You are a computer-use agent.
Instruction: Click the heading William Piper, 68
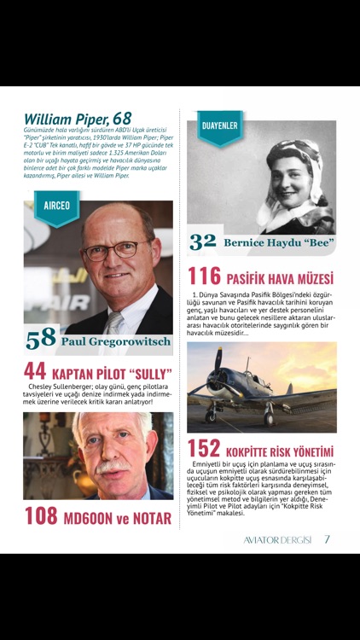click(78, 119)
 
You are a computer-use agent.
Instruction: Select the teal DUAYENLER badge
click(219, 127)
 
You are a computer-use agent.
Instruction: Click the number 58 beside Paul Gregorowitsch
click(40, 340)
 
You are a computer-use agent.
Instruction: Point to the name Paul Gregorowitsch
click(116, 341)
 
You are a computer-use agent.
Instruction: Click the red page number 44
click(35, 371)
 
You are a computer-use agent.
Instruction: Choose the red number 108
click(40, 515)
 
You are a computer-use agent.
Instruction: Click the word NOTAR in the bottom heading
click(150, 517)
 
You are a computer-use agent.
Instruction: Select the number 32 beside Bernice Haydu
click(202, 242)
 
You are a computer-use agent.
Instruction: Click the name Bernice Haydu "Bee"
click(277, 243)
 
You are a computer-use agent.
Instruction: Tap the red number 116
click(204, 276)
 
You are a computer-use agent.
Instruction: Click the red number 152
click(204, 450)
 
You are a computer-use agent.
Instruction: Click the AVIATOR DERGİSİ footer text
click(272, 539)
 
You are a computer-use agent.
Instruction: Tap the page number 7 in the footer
click(328, 539)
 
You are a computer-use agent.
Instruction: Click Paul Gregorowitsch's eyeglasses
click(120, 250)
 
